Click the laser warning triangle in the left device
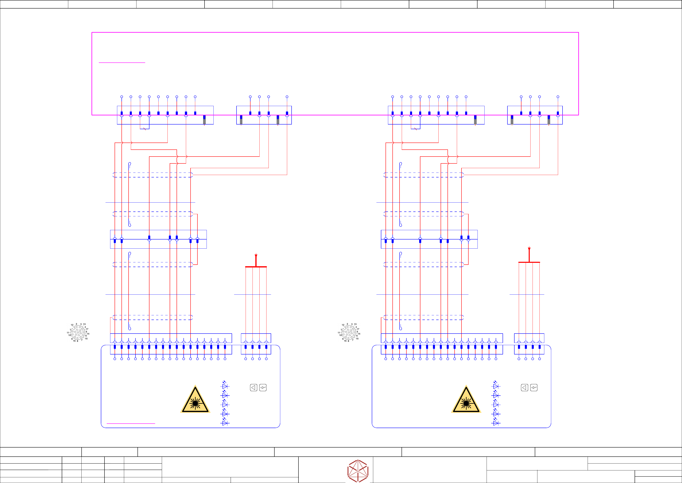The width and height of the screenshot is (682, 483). coord(195,400)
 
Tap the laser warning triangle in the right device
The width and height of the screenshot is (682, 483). coord(466,400)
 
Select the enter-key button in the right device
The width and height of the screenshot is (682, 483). coord(534,387)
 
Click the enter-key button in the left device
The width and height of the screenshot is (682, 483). coord(263,387)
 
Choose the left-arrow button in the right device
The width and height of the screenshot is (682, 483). coord(525,387)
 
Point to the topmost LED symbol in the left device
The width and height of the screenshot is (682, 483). coord(225,386)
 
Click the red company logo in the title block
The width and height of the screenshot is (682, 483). coord(358,470)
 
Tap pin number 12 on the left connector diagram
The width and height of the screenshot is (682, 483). coord(72,325)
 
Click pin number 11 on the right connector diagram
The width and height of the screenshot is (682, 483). coord(339,333)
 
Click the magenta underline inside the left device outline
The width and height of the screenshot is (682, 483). coord(131,423)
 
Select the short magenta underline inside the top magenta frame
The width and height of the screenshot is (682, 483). coord(122,63)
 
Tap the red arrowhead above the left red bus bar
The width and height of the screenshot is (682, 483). coord(256,256)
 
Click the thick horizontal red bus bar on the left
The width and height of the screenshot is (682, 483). coord(256,267)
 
